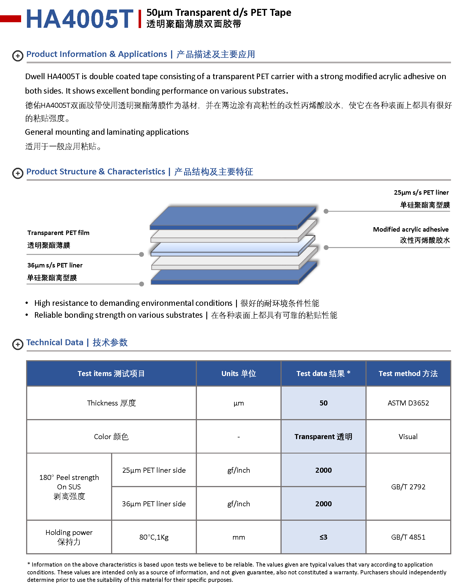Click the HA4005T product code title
(x=79, y=19)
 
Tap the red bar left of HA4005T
(x=11, y=19)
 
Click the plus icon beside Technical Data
(x=18, y=344)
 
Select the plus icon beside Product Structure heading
(x=18, y=173)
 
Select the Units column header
(x=239, y=374)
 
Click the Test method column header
(x=408, y=374)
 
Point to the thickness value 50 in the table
(x=323, y=403)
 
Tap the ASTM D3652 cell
(x=408, y=403)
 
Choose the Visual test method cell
(x=408, y=437)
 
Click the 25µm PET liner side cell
(x=154, y=470)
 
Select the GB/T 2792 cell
(x=408, y=487)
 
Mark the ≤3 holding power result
(x=323, y=537)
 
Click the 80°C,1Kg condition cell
(x=154, y=537)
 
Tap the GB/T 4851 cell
(x=408, y=537)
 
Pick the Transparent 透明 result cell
(x=323, y=437)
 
